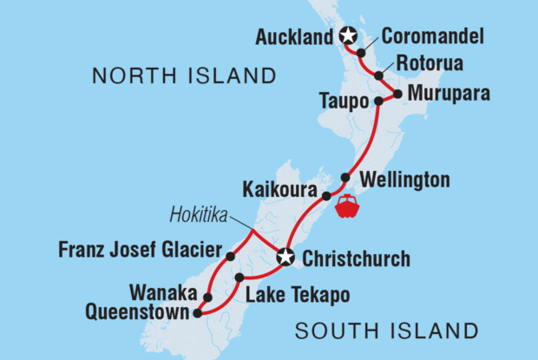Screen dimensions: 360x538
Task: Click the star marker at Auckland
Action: (x=348, y=36)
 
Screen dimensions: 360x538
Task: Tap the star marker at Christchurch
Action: (x=285, y=257)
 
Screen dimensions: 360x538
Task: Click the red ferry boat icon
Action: (x=347, y=206)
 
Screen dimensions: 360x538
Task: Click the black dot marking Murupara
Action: (x=397, y=93)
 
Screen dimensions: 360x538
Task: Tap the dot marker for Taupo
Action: (x=378, y=101)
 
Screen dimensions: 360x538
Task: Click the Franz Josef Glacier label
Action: (x=140, y=250)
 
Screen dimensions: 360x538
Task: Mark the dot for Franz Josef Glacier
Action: (x=231, y=257)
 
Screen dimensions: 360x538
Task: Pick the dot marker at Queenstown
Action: (x=198, y=313)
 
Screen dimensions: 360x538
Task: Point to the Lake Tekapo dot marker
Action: (x=239, y=278)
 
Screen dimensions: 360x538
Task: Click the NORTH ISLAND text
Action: (x=184, y=76)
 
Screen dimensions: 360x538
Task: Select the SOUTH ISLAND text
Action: (x=386, y=331)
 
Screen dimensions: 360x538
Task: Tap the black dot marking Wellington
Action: (x=344, y=178)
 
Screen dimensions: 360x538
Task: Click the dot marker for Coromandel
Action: (x=361, y=53)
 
